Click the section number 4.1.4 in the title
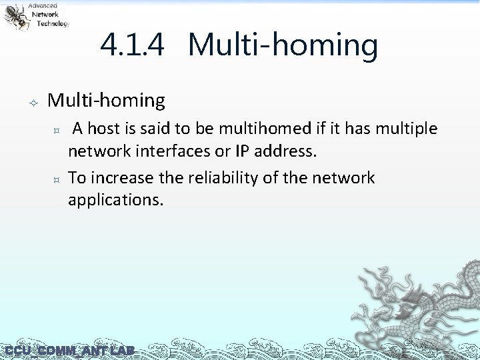132,46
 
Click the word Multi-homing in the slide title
283,46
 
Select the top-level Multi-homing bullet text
107,101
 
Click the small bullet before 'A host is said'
57,129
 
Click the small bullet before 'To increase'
57,179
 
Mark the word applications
115,200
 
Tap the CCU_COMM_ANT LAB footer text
69,351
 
